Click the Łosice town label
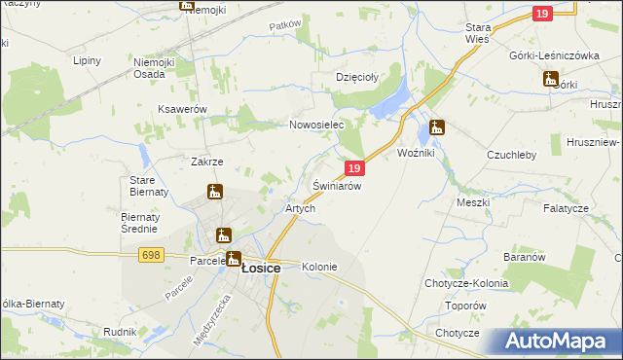pos(261,268)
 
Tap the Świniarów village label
pos(338,186)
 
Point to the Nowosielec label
pos(317,126)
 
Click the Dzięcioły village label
pos(356,76)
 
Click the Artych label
pos(299,209)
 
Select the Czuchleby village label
pos(512,154)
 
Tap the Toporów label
pos(465,305)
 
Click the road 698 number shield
pos(150,255)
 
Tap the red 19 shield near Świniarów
pos(354,168)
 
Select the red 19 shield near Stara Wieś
pos(543,13)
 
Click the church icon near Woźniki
pos(437,126)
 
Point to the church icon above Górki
pos(550,79)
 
